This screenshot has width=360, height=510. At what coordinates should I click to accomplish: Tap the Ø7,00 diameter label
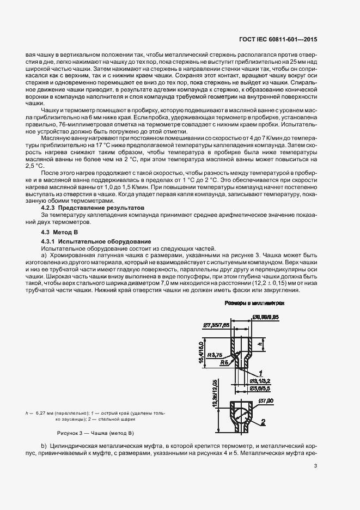[266, 402]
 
